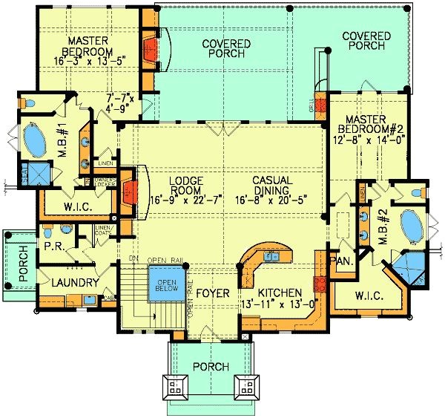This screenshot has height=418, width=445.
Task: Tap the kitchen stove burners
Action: (320, 284)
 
